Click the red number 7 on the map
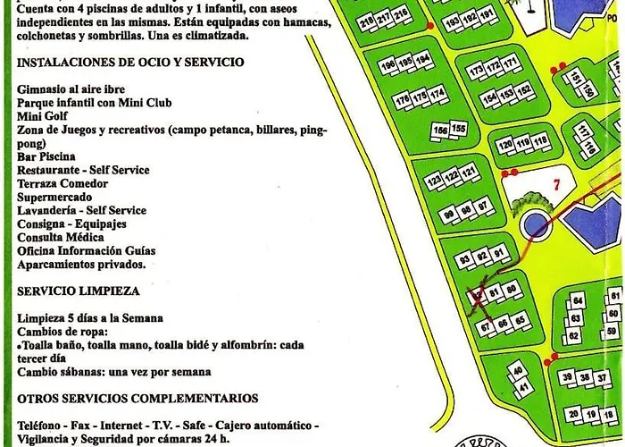(x=555, y=186)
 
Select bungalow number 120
(x=506, y=143)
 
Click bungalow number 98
(x=464, y=211)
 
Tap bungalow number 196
(x=388, y=65)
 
